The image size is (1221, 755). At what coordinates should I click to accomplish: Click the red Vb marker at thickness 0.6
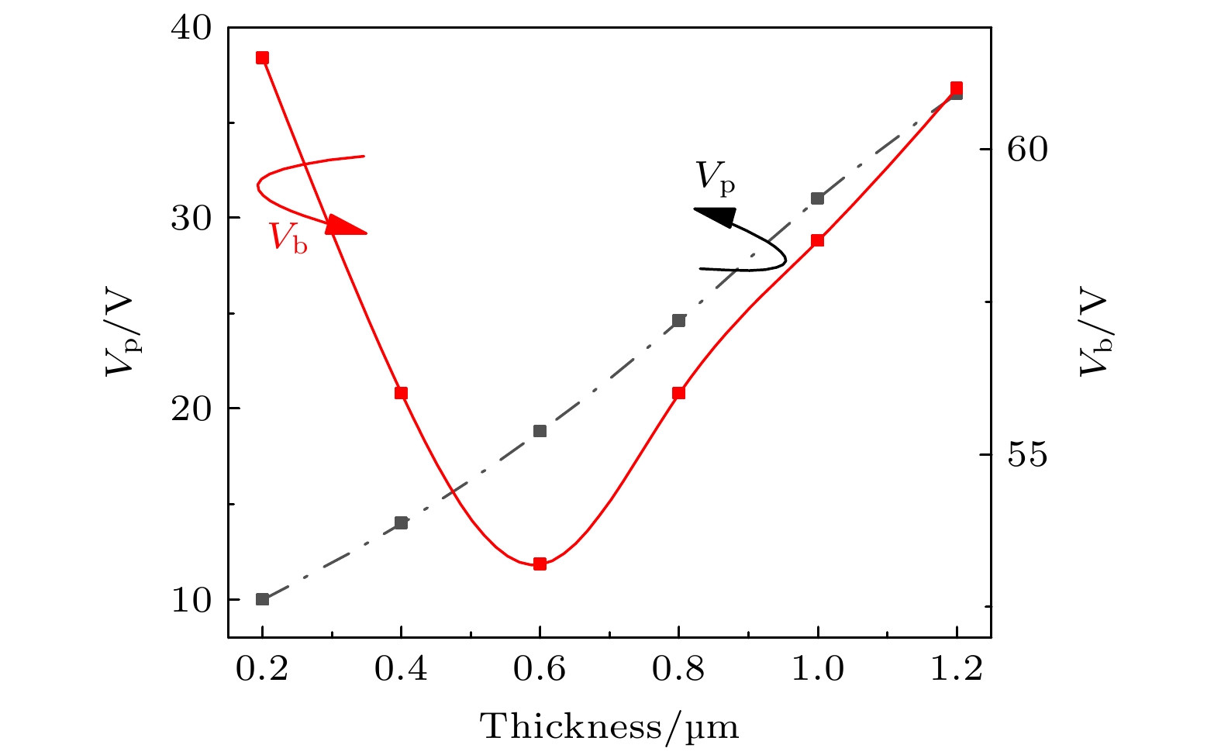click(540, 564)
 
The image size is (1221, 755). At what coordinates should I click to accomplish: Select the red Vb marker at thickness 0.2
click(262, 58)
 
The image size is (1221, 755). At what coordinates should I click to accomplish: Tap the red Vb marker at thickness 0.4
click(401, 393)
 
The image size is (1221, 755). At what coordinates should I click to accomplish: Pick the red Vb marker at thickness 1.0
click(817, 240)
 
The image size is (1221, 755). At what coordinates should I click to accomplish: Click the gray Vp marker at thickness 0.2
click(262, 599)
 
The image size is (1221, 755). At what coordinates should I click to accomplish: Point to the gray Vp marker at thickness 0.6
click(540, 431)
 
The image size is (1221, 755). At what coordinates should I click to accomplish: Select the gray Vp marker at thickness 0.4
click(401, 523)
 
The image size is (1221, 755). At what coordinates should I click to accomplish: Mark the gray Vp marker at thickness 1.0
click(817, 198)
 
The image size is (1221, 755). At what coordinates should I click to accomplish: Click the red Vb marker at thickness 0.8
click(678, 393)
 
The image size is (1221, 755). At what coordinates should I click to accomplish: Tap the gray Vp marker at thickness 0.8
click(678, 321)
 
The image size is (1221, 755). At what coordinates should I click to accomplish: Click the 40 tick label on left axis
click(191, 28)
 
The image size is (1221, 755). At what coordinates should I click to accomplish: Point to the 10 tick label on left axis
click(191, 601)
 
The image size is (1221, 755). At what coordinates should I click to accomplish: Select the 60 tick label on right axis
click(1027, 150)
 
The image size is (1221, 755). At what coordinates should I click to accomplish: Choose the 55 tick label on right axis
click(1027, 455)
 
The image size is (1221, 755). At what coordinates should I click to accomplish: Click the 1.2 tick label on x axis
click(956, 669)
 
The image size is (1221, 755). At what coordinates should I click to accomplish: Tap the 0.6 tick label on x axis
click(540, 669)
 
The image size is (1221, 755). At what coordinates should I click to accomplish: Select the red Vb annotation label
click(288, 237)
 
